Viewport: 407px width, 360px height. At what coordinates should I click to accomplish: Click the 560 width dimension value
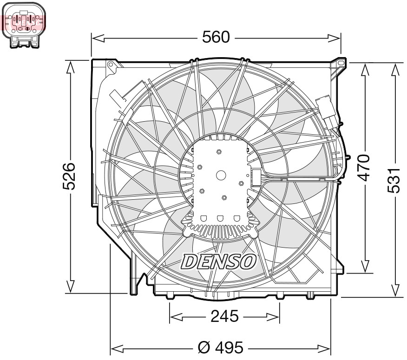point(216,37)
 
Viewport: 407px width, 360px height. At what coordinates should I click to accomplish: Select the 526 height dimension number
point(70,176)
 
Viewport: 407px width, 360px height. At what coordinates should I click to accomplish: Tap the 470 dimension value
point(366,167)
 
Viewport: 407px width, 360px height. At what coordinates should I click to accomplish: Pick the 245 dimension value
point(224,317)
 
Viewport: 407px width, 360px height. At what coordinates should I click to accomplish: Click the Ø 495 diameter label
point(220,347)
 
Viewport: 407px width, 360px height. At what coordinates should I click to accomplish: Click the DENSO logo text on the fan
point(218,262)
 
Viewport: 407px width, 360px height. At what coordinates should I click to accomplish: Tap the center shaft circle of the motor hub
point(221,175)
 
